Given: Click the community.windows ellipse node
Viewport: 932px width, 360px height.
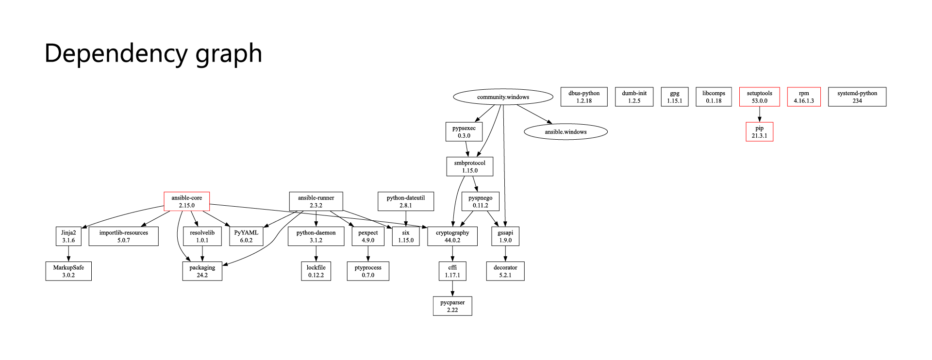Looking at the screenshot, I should point(503,97).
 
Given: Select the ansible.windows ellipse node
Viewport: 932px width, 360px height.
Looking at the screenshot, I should point(566,132).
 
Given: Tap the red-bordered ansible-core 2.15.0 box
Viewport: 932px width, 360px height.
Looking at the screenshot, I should point(187,201).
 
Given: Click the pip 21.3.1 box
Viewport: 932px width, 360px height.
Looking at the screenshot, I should point(759,132).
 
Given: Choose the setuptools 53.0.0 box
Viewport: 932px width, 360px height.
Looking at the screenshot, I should point(759,97).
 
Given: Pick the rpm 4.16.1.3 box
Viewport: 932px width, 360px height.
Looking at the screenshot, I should point(804,97).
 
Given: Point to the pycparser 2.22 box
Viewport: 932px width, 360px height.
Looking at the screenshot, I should point(452,306).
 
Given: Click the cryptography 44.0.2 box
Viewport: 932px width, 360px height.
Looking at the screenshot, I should point(452,236).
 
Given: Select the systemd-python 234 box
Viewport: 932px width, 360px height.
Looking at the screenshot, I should point(857,97).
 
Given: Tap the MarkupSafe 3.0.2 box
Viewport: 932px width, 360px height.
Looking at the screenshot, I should point(68,271).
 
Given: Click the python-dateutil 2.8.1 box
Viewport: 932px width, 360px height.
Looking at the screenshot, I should point(406,201).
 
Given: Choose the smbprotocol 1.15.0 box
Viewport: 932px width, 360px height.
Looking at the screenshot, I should point(470,166).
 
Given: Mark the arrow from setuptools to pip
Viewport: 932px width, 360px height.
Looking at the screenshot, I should point(760,115).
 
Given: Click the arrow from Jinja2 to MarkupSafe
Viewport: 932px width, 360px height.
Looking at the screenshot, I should point(68,254).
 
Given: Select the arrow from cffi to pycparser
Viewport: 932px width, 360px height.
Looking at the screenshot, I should point(452,289).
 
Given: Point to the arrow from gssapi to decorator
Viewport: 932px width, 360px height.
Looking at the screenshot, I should point(505,254).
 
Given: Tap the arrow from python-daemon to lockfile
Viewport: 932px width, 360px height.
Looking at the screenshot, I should point(316,254).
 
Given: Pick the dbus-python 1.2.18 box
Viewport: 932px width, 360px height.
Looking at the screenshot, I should point(584,97).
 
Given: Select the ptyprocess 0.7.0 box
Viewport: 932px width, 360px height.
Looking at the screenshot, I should point(368,271).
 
